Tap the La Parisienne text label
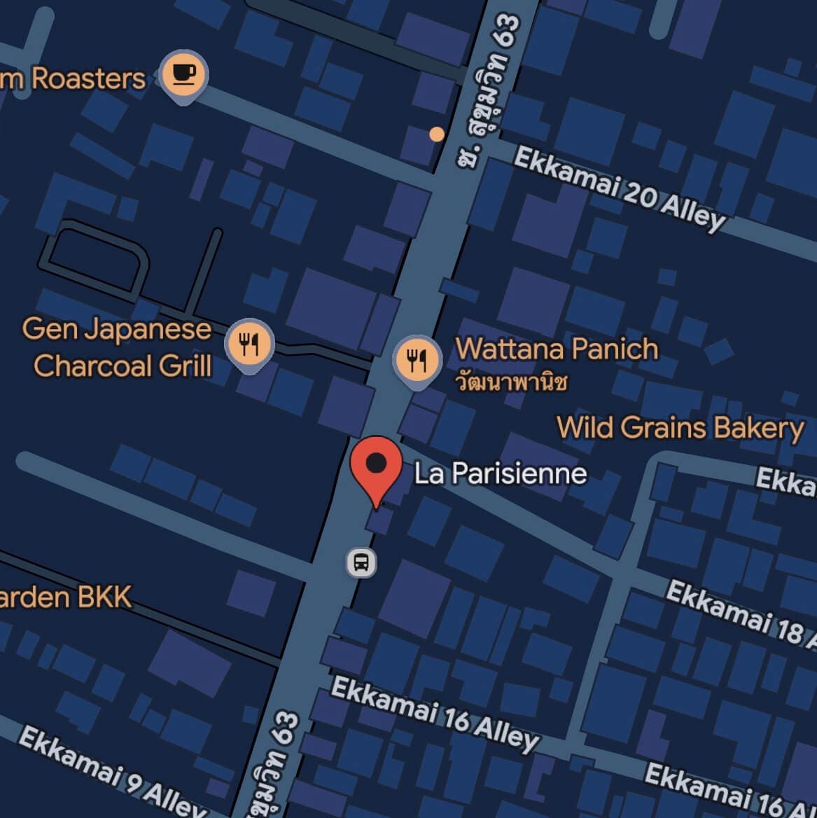click(x=500, y=473)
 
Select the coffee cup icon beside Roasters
click(x=183, y=74)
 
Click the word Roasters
click(x=88, y=78)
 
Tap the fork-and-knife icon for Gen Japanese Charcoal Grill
click(x=249, y=344)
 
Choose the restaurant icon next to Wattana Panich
click(x=417, y=360)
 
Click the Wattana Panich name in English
click(x=557, y=349)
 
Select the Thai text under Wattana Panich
click(x=511, y=382)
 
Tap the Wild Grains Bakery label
click(x=680, y=427)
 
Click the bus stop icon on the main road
click(x=361, y=562)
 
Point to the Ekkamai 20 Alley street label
click(x=620, y=188)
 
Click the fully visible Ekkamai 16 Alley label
click(x=435, y=713)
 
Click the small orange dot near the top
click(x=437, y=134)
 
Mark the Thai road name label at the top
click(x=490, y=91)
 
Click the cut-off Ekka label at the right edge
click(x=785, y=480)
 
